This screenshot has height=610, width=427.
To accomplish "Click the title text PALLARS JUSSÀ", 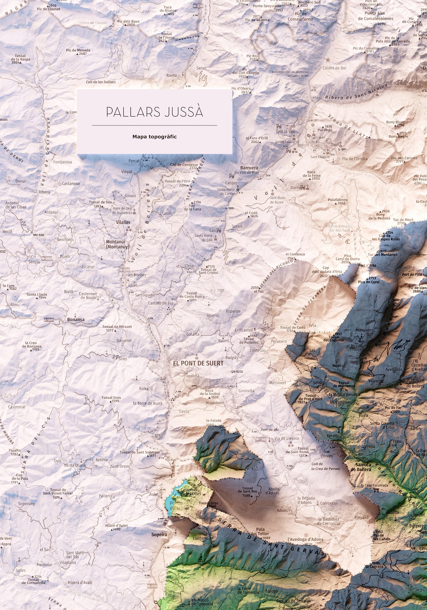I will coord(154,112).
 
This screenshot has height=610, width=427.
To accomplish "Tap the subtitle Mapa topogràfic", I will coord(154,137).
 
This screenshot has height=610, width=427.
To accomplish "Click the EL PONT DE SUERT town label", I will coord(198,363).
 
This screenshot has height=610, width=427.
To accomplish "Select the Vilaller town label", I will coord(123,222).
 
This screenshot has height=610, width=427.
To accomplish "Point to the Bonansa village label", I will coord(76,319).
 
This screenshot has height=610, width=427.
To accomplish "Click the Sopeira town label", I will coord(159,534).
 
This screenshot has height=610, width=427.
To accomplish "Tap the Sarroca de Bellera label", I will coord(361,467).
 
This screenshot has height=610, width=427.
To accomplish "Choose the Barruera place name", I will coord(249,168).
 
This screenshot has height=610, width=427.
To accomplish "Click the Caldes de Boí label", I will coord(334,68).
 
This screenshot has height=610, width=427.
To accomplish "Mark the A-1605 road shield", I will coord(49,320).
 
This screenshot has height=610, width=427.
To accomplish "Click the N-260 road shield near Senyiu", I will coord(46,258).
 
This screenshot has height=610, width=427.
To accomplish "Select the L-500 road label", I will coord(229,208).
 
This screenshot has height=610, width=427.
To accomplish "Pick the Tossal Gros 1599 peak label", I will coord(111,399).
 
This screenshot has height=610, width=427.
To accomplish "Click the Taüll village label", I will coord(335,145).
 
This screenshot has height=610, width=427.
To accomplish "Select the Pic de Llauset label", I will coord(48,9).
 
